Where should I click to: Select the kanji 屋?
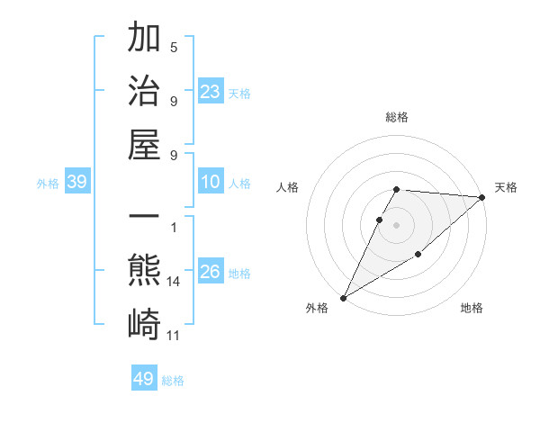[x=144, y=144]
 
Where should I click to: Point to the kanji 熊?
[x=144, y=270]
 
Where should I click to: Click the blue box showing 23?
[x=211, y=91]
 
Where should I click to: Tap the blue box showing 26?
[x=211, y=272]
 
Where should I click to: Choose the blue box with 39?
[x=76, y=183]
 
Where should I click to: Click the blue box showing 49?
[x=144, y=379]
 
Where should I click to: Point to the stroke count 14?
[x=174, y=282]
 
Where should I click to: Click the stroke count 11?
[x=174, y=336]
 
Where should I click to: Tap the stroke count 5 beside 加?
[x=174, y=47]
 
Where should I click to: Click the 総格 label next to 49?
[x=173, y=381]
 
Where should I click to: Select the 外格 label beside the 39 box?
[x=48, y=184]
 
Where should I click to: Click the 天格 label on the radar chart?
[x=506, y=187]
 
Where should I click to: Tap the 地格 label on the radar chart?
[x=472, y=308]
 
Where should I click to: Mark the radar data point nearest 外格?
[x=343, y=297]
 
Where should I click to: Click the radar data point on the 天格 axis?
[x=482, y=197]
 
